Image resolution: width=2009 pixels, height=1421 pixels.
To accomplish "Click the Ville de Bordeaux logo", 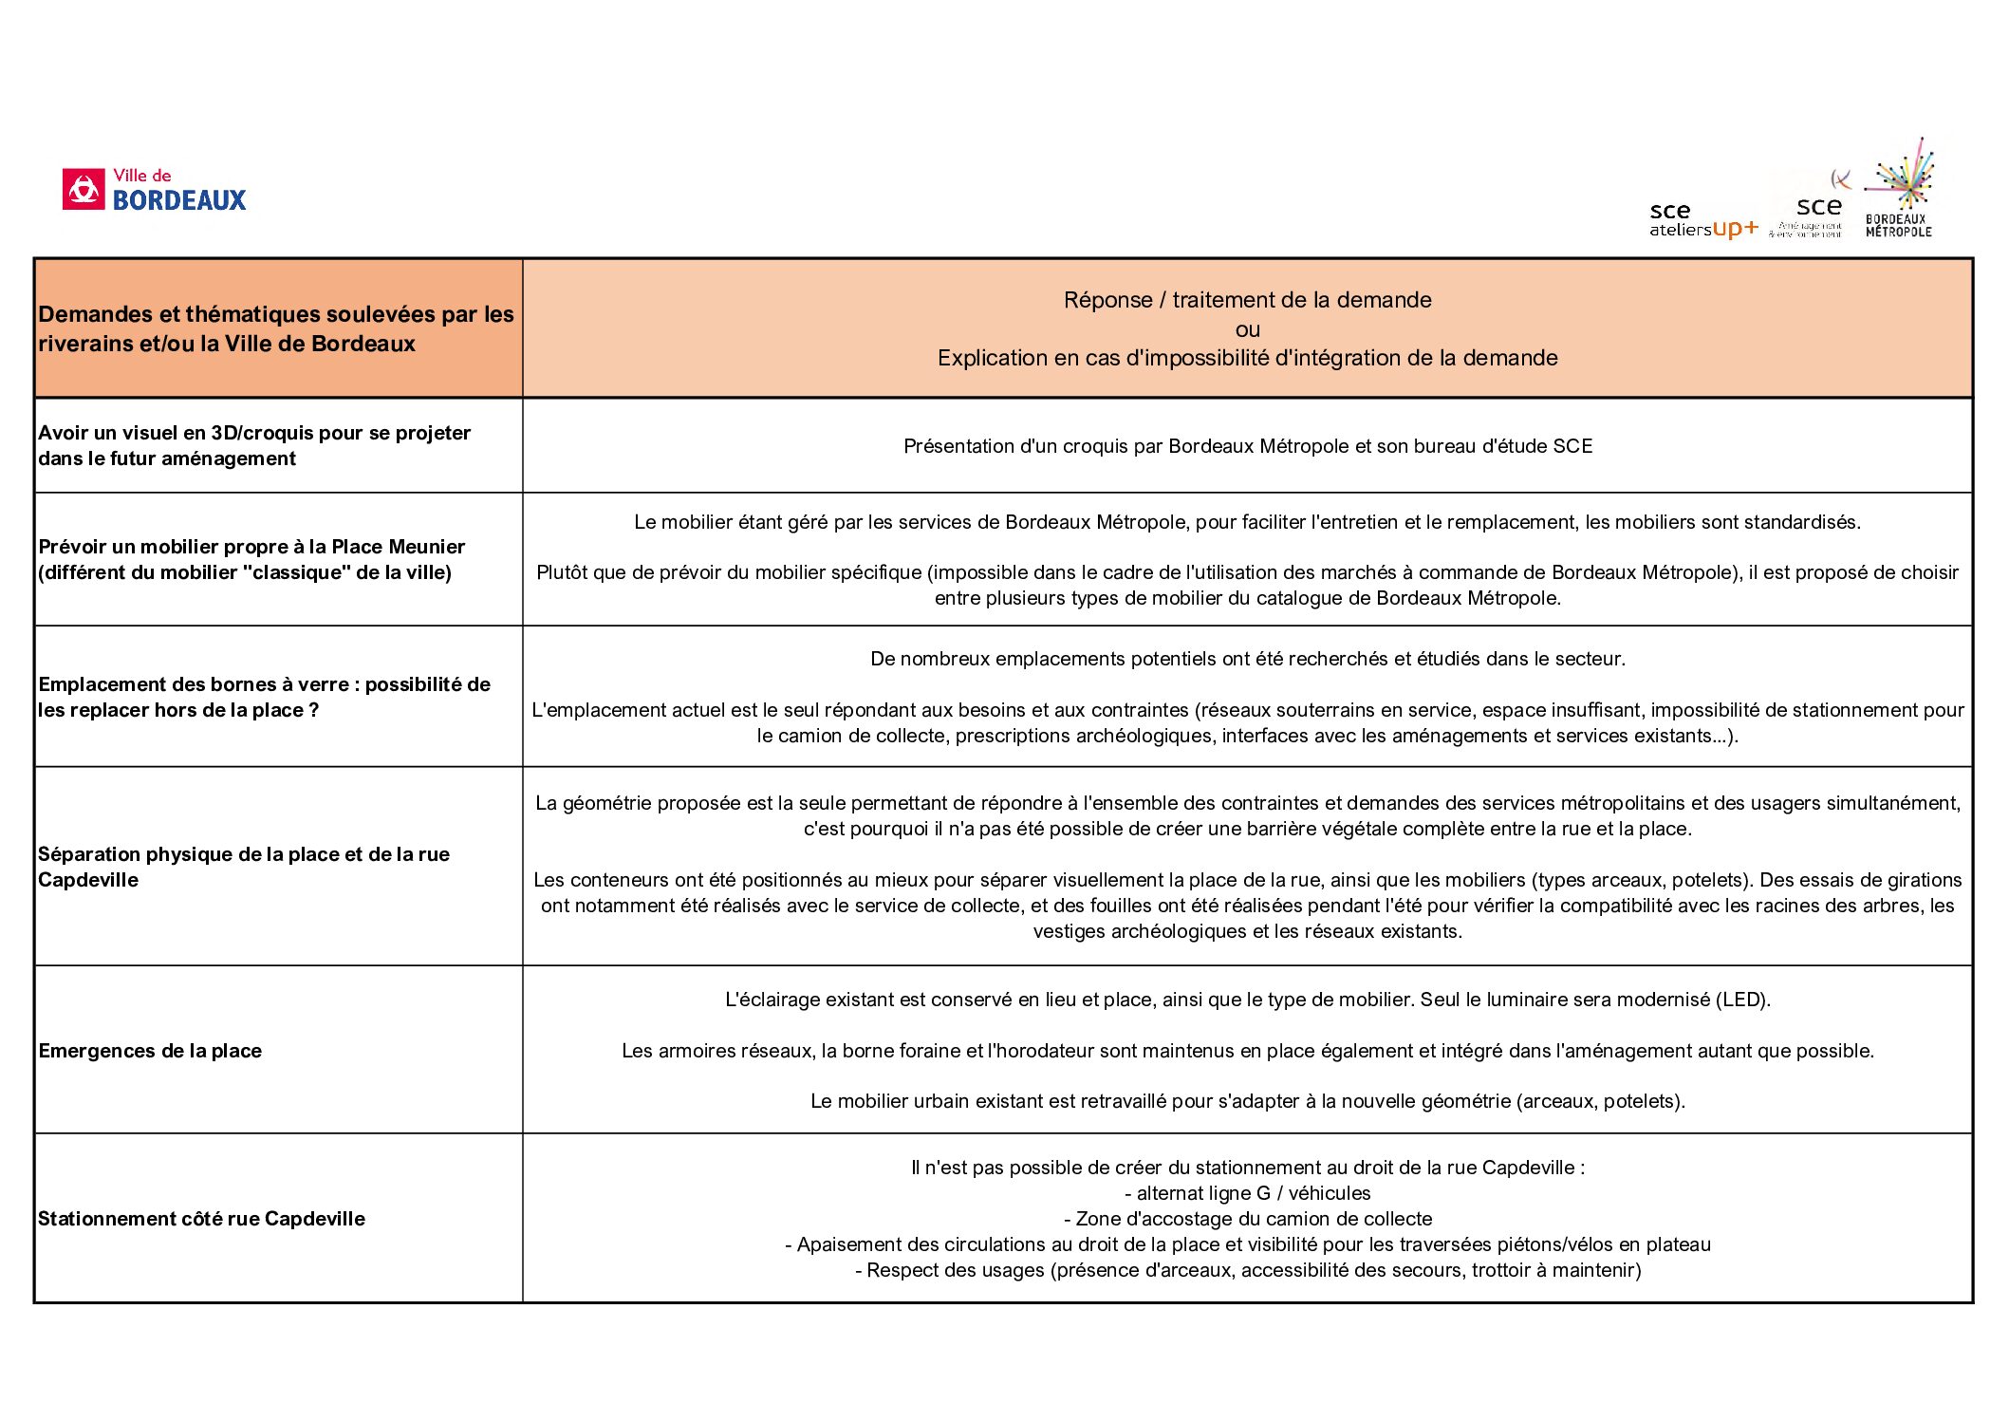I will [154, 189].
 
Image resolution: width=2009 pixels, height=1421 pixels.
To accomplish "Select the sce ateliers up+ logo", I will [1702, 220].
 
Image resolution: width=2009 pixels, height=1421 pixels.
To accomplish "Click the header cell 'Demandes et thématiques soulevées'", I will [275, 328].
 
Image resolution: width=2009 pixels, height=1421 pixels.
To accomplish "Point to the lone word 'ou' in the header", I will [1247, 329].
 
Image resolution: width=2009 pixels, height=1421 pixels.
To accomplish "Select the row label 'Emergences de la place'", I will [150, 1051].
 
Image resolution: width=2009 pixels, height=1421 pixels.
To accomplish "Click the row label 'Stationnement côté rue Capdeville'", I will [201, 1219].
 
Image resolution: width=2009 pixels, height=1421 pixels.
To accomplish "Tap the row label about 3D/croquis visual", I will [254, 445].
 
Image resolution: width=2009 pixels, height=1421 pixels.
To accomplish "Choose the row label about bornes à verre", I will [264, 697].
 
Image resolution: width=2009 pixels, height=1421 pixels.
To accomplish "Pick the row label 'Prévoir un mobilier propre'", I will [251, 559].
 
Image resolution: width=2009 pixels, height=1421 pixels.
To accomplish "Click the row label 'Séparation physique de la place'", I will [244, 867].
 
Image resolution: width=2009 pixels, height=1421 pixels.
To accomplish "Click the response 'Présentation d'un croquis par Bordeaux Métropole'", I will [1247, 446].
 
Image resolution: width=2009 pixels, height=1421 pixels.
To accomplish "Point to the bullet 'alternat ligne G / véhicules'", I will [1247, 1193].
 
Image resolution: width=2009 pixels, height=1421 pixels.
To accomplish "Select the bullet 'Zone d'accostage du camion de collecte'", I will [1247, 1219].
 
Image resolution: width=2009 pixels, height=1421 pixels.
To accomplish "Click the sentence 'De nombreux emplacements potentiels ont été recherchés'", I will [1247, 659].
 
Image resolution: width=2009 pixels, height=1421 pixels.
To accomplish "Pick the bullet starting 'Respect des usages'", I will [1247, 1270].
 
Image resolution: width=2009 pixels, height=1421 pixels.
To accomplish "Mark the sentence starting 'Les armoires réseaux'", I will [1247, 1051].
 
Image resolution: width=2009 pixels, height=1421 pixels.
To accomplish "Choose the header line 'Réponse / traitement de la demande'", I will [1247, 300].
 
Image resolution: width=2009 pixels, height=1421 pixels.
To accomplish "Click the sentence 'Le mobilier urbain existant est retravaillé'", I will [1247, 1101].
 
